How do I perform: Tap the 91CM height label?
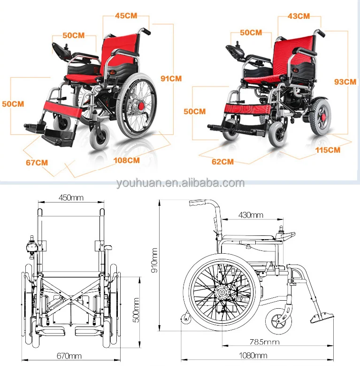[171, 78]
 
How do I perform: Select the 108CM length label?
[127, 160]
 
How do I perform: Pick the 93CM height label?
[345, 81]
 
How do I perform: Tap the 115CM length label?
[328, 150]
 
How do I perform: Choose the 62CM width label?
[222, 162]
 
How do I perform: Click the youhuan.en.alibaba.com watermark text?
[180, 183]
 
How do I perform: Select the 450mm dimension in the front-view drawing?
[71, 197]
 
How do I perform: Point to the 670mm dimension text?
[69, 355]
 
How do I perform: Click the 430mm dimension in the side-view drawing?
[251, 215]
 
